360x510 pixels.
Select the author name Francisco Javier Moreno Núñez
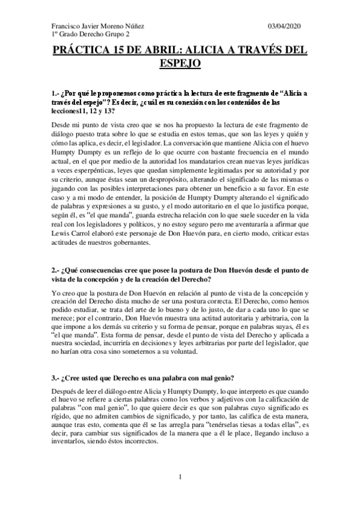pyautogui.click(x=99, y=27)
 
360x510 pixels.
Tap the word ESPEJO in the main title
pyautogui.click(x=180, y=63)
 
